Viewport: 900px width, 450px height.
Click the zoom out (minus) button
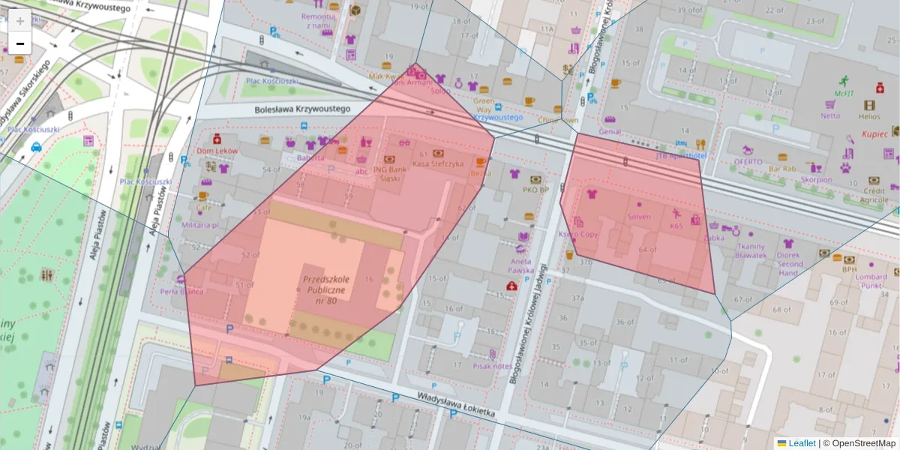(x=20, y=44)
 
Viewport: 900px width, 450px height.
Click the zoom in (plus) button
(x=20, y=21)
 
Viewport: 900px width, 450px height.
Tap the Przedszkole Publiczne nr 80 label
(x=324, y=289)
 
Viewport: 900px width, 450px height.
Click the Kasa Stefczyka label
(x=438, y=163)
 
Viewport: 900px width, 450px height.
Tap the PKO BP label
(x=535, y=190)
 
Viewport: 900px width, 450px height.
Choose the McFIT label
(x=845, y=94)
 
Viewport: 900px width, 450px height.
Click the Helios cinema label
(x=869, y=116)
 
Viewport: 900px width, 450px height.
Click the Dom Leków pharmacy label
(x=217, y=151)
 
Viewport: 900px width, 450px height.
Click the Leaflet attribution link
(x=802, y=443)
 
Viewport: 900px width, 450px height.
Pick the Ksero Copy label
(x=578, y=234)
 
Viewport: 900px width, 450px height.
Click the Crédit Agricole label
(x=874, y=195)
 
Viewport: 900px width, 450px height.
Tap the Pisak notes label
(x=493, y=366)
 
